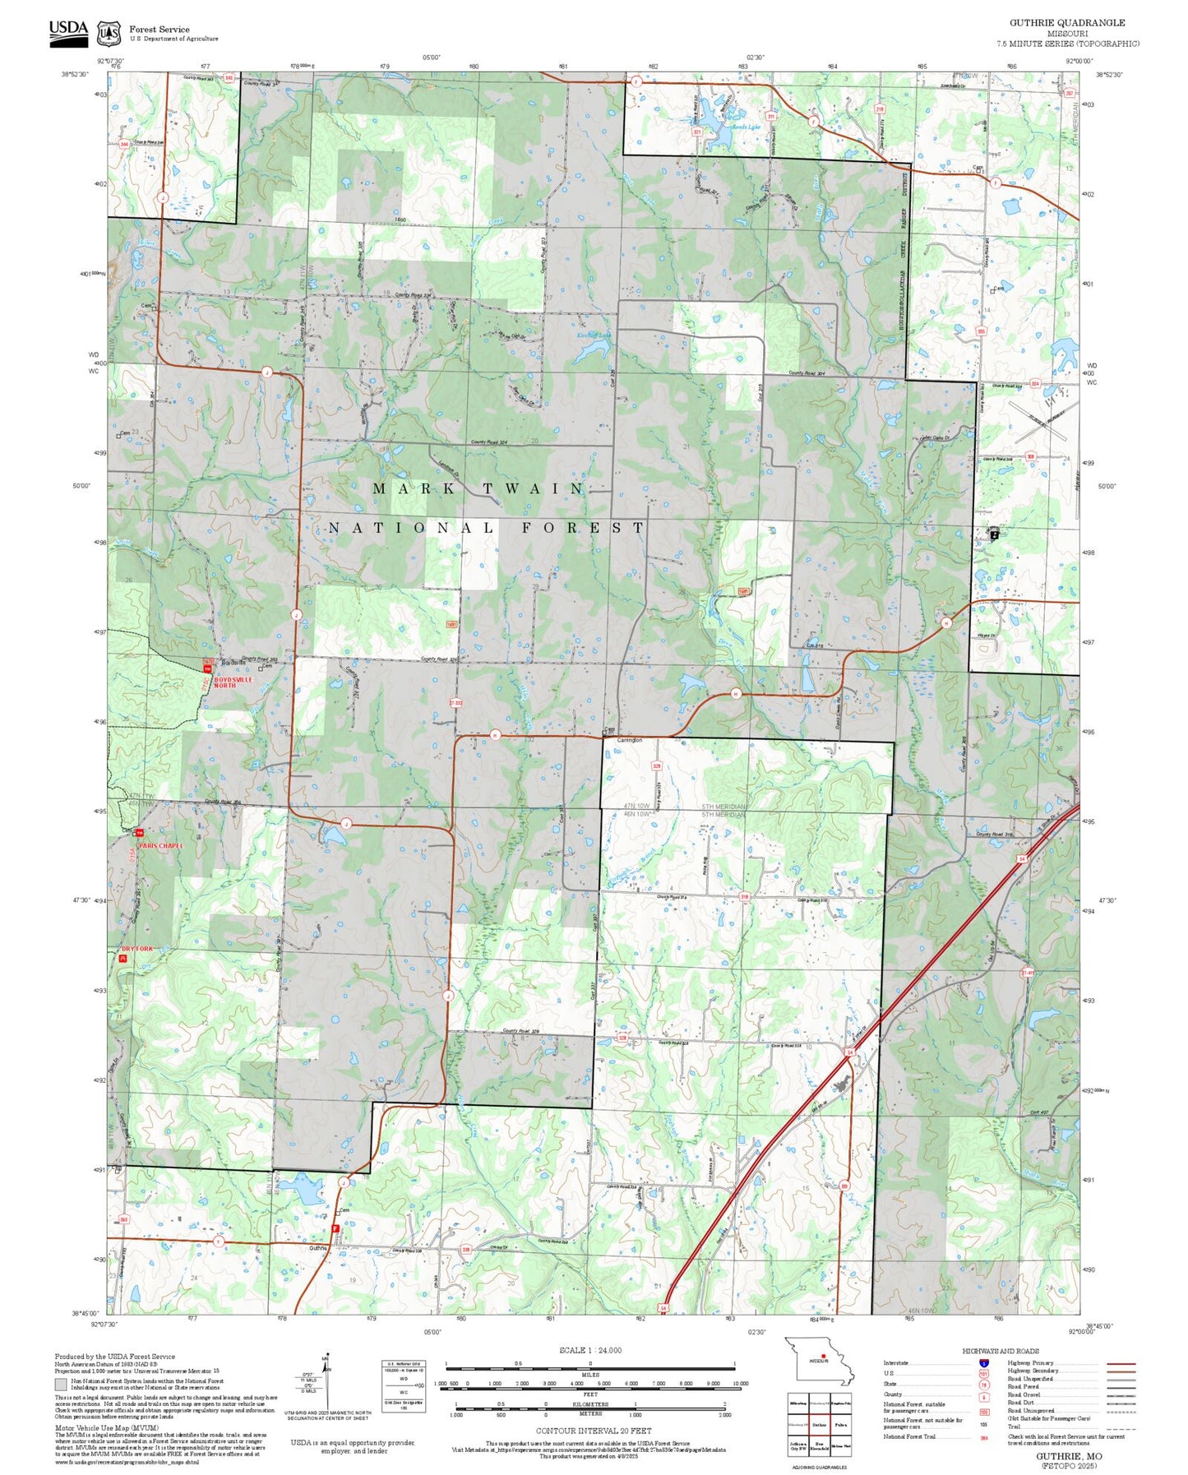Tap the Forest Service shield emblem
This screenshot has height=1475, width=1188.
point(109,34)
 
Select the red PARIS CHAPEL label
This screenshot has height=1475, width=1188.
point(160,845)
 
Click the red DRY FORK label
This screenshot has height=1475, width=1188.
point(137,949)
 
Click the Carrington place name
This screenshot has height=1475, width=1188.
point(629,740)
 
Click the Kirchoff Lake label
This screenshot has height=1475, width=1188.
point(594,335)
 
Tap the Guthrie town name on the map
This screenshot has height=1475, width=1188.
point(318,1248)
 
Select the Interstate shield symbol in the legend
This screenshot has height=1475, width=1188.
point(983,1362)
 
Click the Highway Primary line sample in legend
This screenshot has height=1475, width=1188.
point(1121,1363)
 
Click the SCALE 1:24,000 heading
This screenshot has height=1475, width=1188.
point(590,1350)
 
